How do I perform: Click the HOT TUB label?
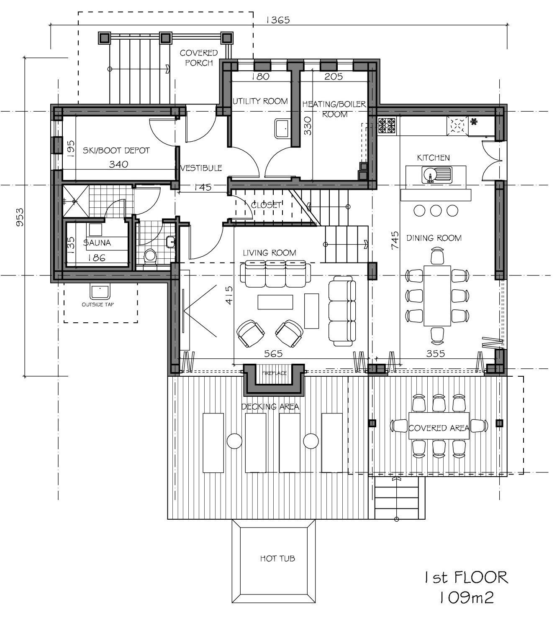click(x=277, y=558)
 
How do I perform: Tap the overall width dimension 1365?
click(x=277, y=20)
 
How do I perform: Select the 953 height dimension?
click(x=20, y=217)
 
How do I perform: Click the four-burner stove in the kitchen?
click(x=387, y=125)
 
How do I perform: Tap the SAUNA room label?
click(x=97, y=243)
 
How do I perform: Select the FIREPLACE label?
click(x=274, y=373)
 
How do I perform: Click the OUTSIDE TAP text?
click(x=98, y=305)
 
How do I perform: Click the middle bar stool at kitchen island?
click(x=436, y=210)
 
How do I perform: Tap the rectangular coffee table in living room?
click(x=275, y=302)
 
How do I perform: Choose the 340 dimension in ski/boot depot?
click(x=118, y=164)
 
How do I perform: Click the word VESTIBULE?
click(x=201, y=168)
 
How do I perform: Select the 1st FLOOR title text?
click(x=465, y=578)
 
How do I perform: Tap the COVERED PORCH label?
click(x=199, y=58)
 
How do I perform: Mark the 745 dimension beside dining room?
click(x=395, y=241)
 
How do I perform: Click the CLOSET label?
click(x=266, y=205)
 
